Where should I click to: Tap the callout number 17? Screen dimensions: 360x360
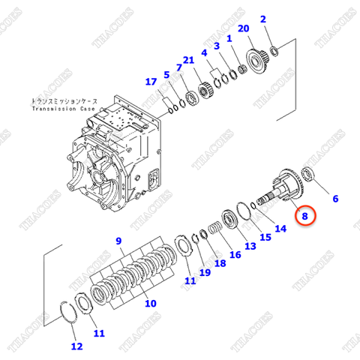click(151, 82)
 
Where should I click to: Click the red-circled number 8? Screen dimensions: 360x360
click(305, 216)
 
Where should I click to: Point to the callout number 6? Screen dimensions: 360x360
click(335, 199)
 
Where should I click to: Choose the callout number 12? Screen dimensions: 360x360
click(76, 346)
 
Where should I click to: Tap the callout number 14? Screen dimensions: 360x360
click(280, 229)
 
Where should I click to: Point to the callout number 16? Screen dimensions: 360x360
click(235, 254)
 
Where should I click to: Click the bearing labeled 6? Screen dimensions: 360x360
click(312, 175)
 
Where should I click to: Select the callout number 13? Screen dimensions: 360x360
click(250, 247)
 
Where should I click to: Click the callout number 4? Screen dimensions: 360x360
click(203, 54)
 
